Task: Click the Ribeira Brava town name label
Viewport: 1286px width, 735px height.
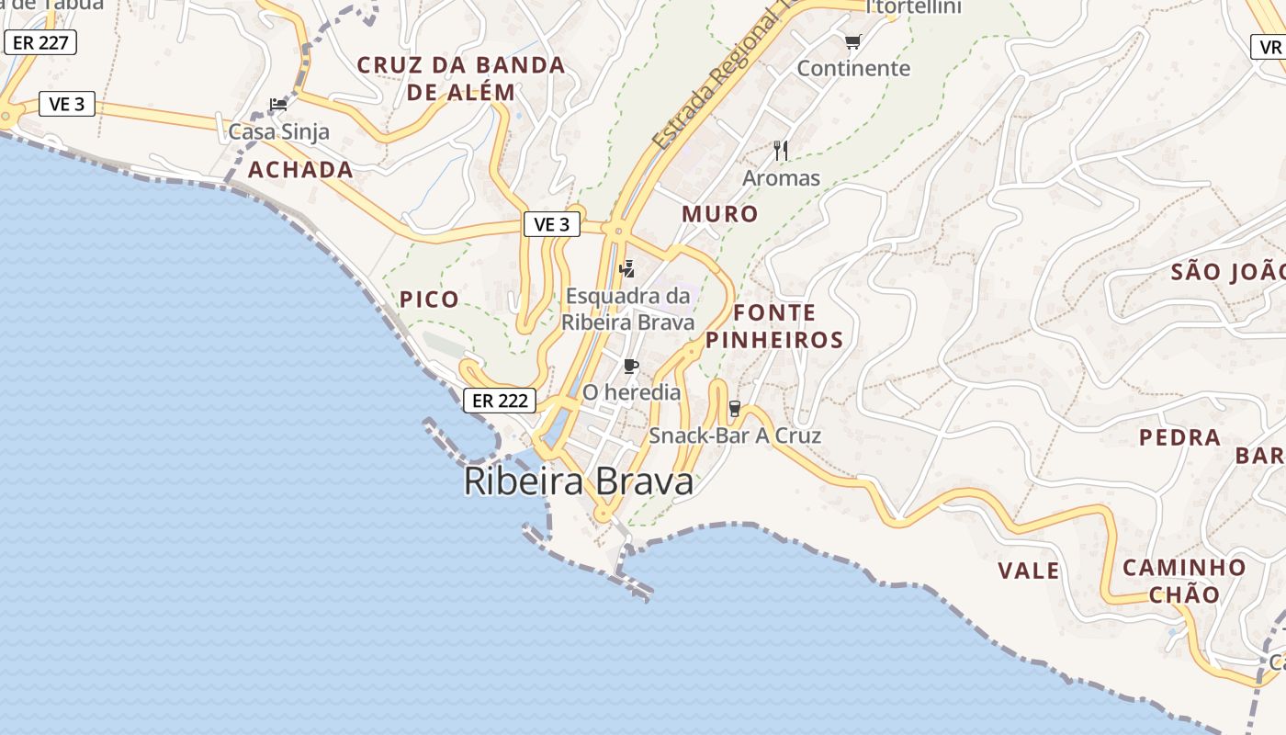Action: [579, 481]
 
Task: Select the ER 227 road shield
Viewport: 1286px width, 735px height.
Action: [40, 42]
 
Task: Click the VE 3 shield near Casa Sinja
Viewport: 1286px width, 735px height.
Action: [66, 104]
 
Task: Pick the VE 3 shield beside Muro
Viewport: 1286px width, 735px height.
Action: [551, 224]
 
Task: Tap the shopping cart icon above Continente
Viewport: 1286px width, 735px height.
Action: [852, 41]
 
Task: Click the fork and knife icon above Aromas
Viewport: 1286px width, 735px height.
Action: [781, 150]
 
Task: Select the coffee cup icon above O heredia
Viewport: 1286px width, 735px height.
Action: [630, 367]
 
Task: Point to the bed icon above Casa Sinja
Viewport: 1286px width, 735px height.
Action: [278, 105]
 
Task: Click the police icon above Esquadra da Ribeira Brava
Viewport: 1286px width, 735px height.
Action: [627, 269]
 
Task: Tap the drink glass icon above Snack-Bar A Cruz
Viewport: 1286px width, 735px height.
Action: [734, 409]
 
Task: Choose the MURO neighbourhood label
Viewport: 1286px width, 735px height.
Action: [720, 214]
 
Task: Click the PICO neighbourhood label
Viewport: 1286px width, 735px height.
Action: [429, 300]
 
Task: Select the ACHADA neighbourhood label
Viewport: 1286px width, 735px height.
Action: [300, 170]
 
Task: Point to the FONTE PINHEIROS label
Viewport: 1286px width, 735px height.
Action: [774, 326]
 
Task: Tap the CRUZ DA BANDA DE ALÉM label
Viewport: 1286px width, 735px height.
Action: [461, 78]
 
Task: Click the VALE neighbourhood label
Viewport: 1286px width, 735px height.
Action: [1029, 571]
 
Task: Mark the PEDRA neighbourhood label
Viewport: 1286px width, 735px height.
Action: [1180, 437]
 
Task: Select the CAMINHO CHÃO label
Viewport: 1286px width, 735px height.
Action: [1184, 581]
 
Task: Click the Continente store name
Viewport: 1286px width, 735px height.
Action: [853, 68]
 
